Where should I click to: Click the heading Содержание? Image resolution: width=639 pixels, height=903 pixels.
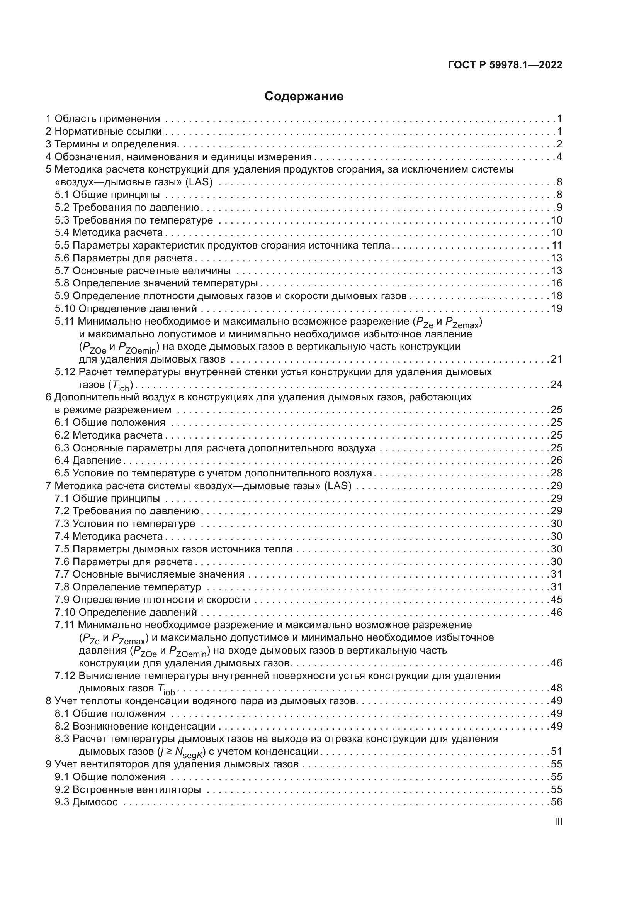coord(304,97)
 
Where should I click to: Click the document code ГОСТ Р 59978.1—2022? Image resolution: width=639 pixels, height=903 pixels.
coord(505,65)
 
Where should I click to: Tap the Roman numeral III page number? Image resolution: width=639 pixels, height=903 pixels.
coord(558,821)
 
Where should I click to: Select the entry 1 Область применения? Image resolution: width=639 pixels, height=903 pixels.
coord(103,119)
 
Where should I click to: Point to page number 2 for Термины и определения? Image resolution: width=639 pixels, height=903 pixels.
coord(559,144)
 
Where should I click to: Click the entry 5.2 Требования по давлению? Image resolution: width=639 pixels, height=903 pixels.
coord(127,207)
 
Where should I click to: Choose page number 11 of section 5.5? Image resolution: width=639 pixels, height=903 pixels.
coord(557,246)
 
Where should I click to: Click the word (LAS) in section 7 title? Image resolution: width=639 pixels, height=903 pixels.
coord(338,486)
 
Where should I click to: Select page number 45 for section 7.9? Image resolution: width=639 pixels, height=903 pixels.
coord(556,600)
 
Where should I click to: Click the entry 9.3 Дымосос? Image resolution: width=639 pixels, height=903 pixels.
coord(86,802)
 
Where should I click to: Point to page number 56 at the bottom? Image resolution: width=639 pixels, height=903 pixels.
coord(556,802)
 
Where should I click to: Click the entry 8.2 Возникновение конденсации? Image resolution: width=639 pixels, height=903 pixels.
coord(135,726)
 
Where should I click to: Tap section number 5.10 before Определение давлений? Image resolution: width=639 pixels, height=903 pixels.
coord(65,308)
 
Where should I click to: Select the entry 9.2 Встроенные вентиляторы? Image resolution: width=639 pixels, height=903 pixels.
coord(128,789)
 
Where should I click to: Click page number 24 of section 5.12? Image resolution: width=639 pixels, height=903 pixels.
coord(556,384)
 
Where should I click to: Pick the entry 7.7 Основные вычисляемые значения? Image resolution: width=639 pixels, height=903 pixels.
coord(150,574)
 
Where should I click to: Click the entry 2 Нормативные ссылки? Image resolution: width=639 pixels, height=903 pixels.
coord(104,131)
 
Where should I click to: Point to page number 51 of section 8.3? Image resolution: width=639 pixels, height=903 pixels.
coord(556,752)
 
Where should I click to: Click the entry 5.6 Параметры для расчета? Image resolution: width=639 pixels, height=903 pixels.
coord(124,258)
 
